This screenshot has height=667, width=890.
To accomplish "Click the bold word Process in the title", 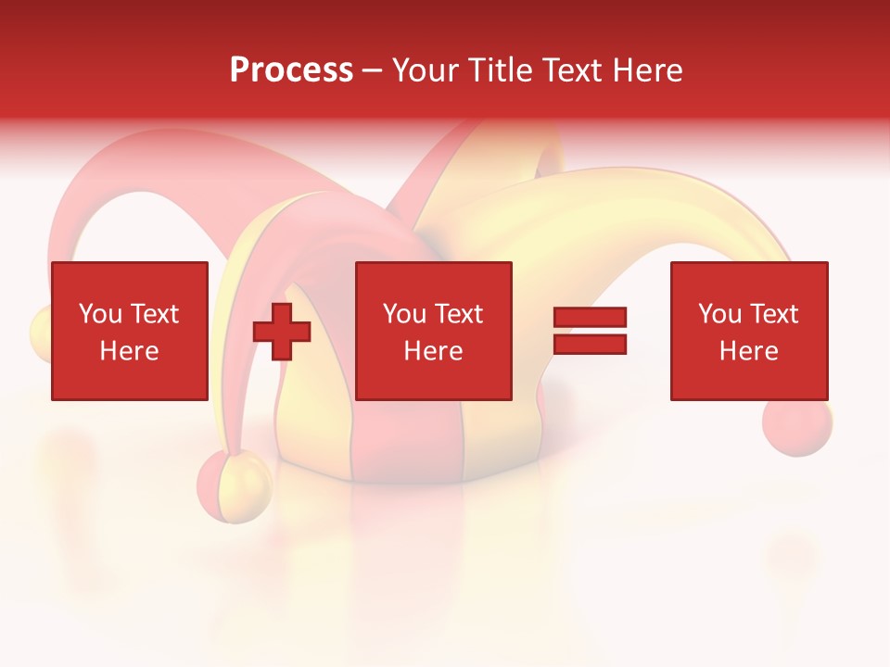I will [291, 70].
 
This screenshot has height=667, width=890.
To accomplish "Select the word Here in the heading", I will [647, 70].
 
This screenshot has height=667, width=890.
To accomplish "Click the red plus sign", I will [282, 332].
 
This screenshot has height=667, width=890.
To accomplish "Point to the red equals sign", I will [590, 332].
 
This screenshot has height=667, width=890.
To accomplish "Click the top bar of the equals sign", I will [590, 318].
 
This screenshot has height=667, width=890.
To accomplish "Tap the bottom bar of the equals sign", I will [590, 345].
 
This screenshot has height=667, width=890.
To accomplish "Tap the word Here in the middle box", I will [433, 351].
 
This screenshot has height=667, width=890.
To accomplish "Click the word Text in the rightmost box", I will [773, 314].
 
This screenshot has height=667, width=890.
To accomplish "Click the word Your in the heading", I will [426, 70].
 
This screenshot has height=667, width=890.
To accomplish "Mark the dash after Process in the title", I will [373, 70].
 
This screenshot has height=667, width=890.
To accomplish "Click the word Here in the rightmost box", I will [748, 351].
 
